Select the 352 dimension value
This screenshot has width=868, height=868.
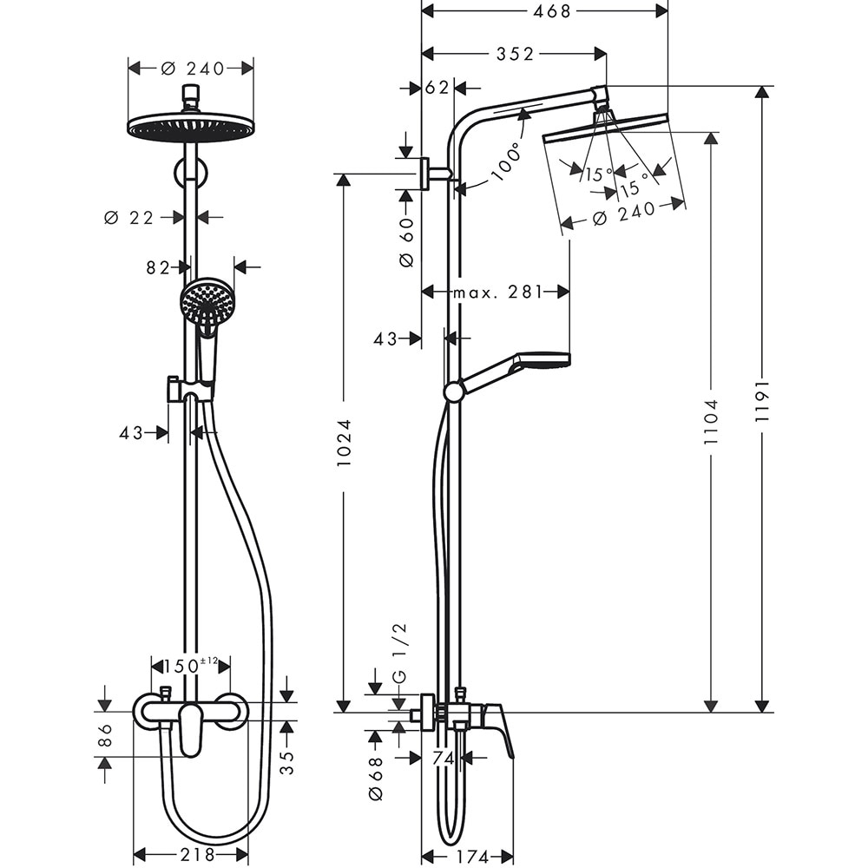tap(515, 55)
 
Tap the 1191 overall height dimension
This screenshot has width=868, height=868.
tap(761, 400)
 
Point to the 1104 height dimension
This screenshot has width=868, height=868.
tap(712, 422)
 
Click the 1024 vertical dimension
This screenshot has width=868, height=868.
tap(344, 445)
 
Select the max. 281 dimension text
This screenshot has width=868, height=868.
tap(496, 292)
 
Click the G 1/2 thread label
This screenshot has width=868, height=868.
tap(399, 652)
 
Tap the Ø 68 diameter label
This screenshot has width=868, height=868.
tap(375, 779)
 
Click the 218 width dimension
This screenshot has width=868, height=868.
tap(191, 855)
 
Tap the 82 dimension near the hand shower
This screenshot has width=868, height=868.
tap(158, 268)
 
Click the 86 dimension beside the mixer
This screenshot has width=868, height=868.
tap(105, 735)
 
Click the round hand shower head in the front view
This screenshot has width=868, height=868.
tap(207, 300)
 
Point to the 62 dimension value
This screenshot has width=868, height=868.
tap(438, 88)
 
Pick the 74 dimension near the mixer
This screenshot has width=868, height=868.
tap(443, 758)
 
